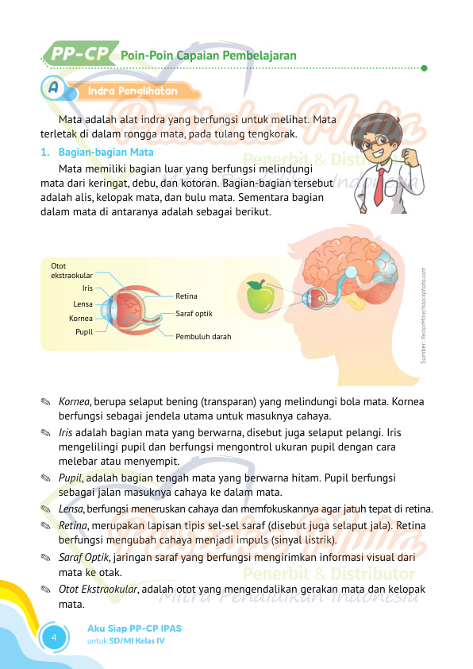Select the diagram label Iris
tap(87, 288)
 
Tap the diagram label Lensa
tap(83, 304)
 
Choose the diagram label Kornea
tap(81, 319)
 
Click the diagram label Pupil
tap(84, 331)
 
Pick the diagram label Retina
tap(187, 296)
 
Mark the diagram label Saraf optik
tap(194, 314)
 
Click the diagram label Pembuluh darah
tap(203, 337)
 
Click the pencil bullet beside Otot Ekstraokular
tap(46, 589)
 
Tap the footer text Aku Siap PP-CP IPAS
tap(134, 628)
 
